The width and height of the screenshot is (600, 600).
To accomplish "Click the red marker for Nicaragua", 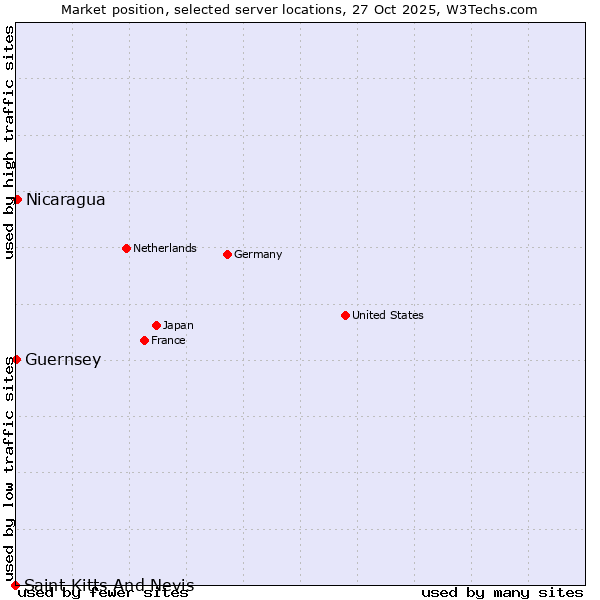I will pyautogui.click(x=17, y=199).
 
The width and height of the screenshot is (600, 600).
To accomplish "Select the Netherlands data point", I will pyautogui.click(x=126, y=248).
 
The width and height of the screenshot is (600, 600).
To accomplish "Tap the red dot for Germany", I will pyautogui.click(x=227, y=254).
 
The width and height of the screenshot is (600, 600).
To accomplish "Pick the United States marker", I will pyautogui.click(x=345, y=315).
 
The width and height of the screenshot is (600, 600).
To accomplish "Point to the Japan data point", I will pyautogui.click(x=156, y=325).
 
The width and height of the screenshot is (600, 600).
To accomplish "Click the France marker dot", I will pyautogui.click(x=144, y=340).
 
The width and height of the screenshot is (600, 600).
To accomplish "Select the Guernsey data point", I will pyautogui.click(x=17, y=359).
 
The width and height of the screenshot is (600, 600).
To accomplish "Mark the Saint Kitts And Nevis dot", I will pyautogui.click(x=15, y=585).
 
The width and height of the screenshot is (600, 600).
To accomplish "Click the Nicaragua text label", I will pyautogui.click(x=65, y=199).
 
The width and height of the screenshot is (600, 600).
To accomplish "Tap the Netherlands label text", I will pyautogui.click(x=164, y=248).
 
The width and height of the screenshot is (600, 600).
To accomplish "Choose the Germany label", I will pyautogui.click(x=258, y=254).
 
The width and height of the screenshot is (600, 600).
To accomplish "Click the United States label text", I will pyautogui.click(x=387, y=315).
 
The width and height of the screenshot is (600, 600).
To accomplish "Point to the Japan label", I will pyautogui.click(x=178, y=325).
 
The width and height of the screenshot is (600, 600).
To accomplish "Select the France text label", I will pyautogui.click(x=168, y=340).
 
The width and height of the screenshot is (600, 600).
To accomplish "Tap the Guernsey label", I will pyautogui.click(x=63, y=359).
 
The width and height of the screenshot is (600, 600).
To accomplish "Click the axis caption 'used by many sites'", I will pyautogui.click(x=502, y=593).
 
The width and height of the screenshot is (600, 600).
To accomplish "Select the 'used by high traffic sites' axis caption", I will pyautogui.click(x=9, y=142).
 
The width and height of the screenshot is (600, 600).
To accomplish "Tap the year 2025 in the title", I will pyautogui.click(x=416, y=9).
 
